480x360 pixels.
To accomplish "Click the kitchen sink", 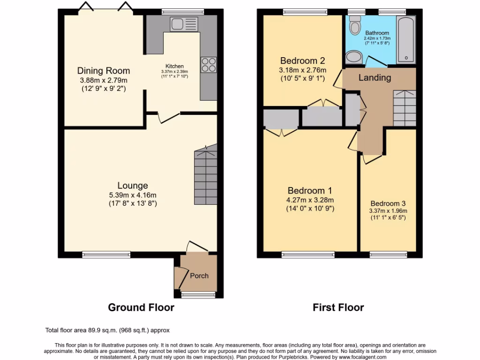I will [184, 23].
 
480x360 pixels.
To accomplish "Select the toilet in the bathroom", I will [355, 23].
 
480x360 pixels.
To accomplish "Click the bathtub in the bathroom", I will [406, 39].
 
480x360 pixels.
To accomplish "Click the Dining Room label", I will [103, 71].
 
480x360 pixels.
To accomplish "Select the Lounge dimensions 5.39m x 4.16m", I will [133, 195].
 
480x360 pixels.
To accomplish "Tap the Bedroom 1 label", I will [310, 191].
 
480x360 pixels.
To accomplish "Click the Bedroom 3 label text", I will [388, 203].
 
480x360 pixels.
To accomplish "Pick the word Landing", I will [375, 78].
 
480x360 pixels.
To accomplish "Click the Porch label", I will [199, 276].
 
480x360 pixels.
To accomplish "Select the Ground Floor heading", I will [141, 307].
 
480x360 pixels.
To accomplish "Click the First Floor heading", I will [338, 307].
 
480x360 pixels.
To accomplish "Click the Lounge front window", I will [106, 255].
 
